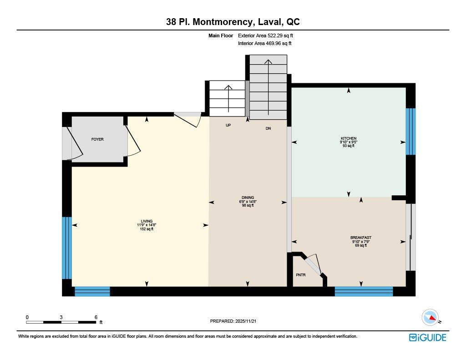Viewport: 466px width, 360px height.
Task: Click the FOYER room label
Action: [97, 139]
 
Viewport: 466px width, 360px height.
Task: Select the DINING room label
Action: [248, 198]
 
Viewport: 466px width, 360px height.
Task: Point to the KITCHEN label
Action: [349, 138]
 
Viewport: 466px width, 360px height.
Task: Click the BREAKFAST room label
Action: [361, 238]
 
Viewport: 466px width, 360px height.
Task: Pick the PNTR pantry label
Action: [300, 275]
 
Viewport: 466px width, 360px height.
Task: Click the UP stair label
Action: [228, 125]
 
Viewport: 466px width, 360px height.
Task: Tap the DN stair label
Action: [268, 129]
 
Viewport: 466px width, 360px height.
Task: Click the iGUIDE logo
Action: [427, 337]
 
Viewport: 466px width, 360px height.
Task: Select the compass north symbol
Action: [430, 317]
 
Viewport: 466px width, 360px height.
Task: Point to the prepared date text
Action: [236, 321]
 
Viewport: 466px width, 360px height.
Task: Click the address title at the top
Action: [233, 22]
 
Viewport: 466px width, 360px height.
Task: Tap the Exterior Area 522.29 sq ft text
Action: [268, 35]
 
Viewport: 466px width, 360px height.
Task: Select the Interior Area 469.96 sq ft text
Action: [264, 44]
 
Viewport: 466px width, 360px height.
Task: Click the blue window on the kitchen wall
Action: [410, 132]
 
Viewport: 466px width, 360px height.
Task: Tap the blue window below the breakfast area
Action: [364, 291]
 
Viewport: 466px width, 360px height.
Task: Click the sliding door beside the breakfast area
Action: [410, 237]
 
